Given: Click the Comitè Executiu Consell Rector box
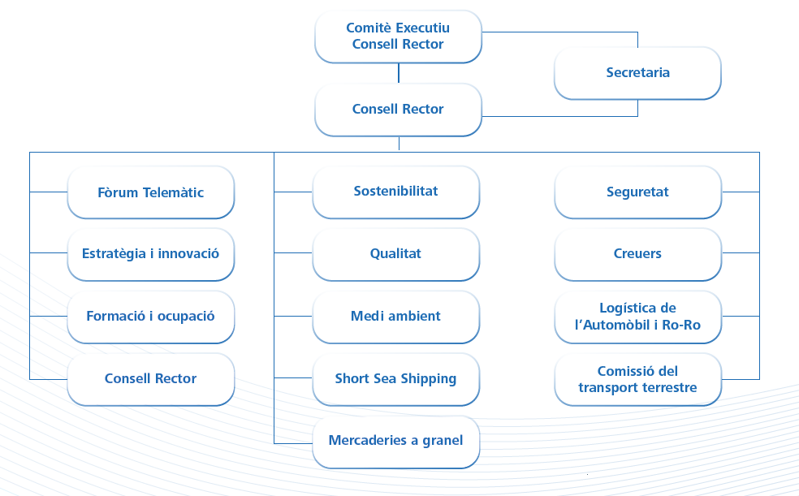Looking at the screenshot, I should coord(398,37).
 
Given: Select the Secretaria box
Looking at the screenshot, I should coord(637,73).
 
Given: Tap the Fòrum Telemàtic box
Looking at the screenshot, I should coord(151,193).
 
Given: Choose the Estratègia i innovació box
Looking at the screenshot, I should coord(151,254).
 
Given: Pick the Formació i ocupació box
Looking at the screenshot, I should coord(151,317).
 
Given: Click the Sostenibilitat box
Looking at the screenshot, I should coord(396,192).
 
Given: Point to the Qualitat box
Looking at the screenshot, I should coord(396,254).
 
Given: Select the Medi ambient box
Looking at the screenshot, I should coord(396,317).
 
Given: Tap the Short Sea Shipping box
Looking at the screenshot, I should coord(396,379).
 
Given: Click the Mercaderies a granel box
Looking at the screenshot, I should coord(396,441).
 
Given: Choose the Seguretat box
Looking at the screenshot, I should coord(637,192).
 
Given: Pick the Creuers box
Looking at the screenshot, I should coord(637,254).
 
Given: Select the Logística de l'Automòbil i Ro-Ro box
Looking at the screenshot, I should coord(637,317).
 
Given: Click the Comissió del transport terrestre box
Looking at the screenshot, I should coord(637,379).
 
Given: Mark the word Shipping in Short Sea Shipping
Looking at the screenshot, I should coord(429,379).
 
